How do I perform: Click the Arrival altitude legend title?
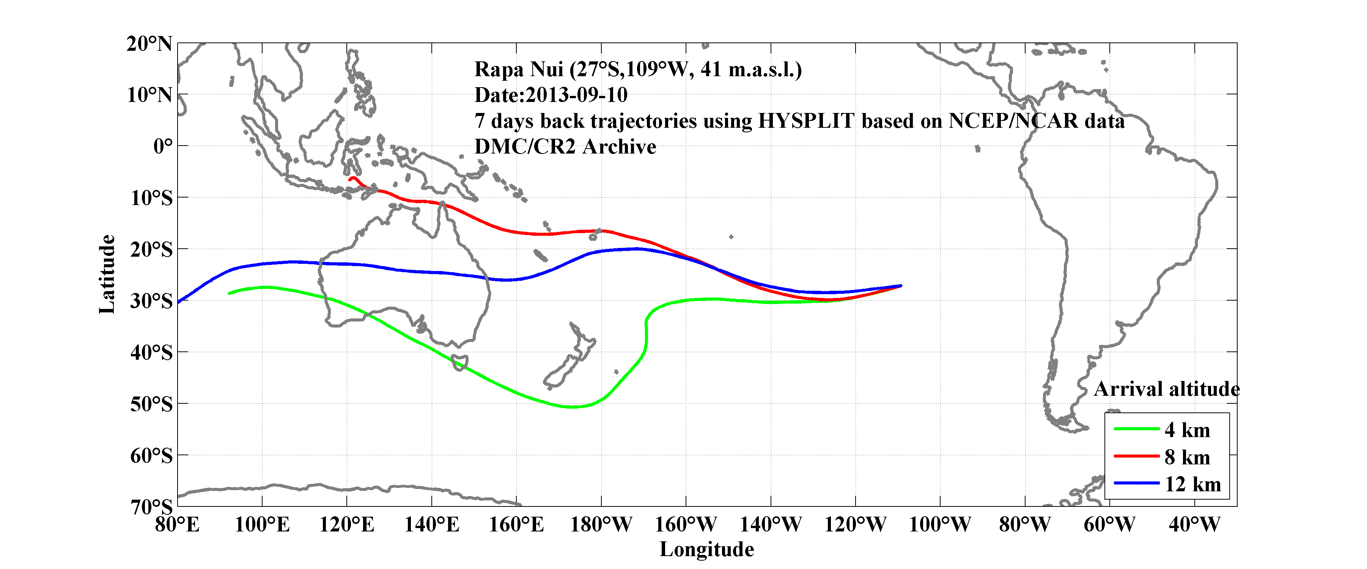[1166, 389]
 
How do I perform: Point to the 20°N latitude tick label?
[149, 44]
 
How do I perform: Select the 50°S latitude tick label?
[151, 404]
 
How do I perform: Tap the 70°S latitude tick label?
[151, 507]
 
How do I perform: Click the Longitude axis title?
[706, 549]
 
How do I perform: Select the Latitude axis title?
[107, 274]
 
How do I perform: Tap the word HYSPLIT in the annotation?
[805, 121]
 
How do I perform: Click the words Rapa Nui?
[518, 69]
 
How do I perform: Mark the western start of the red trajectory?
[350, 179]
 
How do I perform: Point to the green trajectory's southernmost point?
[572, 407]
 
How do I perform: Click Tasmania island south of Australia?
[459, 362]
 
